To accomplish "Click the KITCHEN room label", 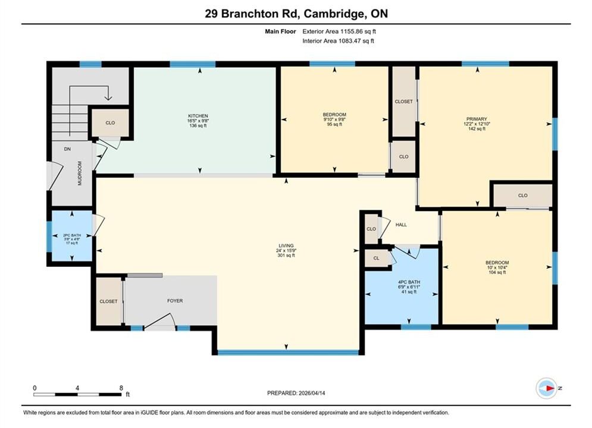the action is coord(198,116).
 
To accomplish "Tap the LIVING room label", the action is coord(286,246).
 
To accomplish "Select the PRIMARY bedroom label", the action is coord(477,119).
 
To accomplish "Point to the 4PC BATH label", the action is coord(409,282).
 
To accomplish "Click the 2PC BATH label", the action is coord(72,235).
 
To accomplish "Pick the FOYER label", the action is coord(175,301).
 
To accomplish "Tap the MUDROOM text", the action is coord(80,173).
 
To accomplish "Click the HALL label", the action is coord(401,225).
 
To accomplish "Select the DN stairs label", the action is coord(67,149).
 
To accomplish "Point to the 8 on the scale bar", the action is coord(121,388).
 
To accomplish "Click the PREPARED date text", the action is coord(296,393).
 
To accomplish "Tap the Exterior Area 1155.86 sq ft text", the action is coord(339,32).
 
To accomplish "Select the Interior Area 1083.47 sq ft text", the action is coord(339,41).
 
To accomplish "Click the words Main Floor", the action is coord(280,32).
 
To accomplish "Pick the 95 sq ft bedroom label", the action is coord(334,124).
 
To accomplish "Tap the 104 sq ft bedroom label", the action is coord(497,272).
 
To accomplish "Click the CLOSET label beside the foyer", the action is coord(108,301).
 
